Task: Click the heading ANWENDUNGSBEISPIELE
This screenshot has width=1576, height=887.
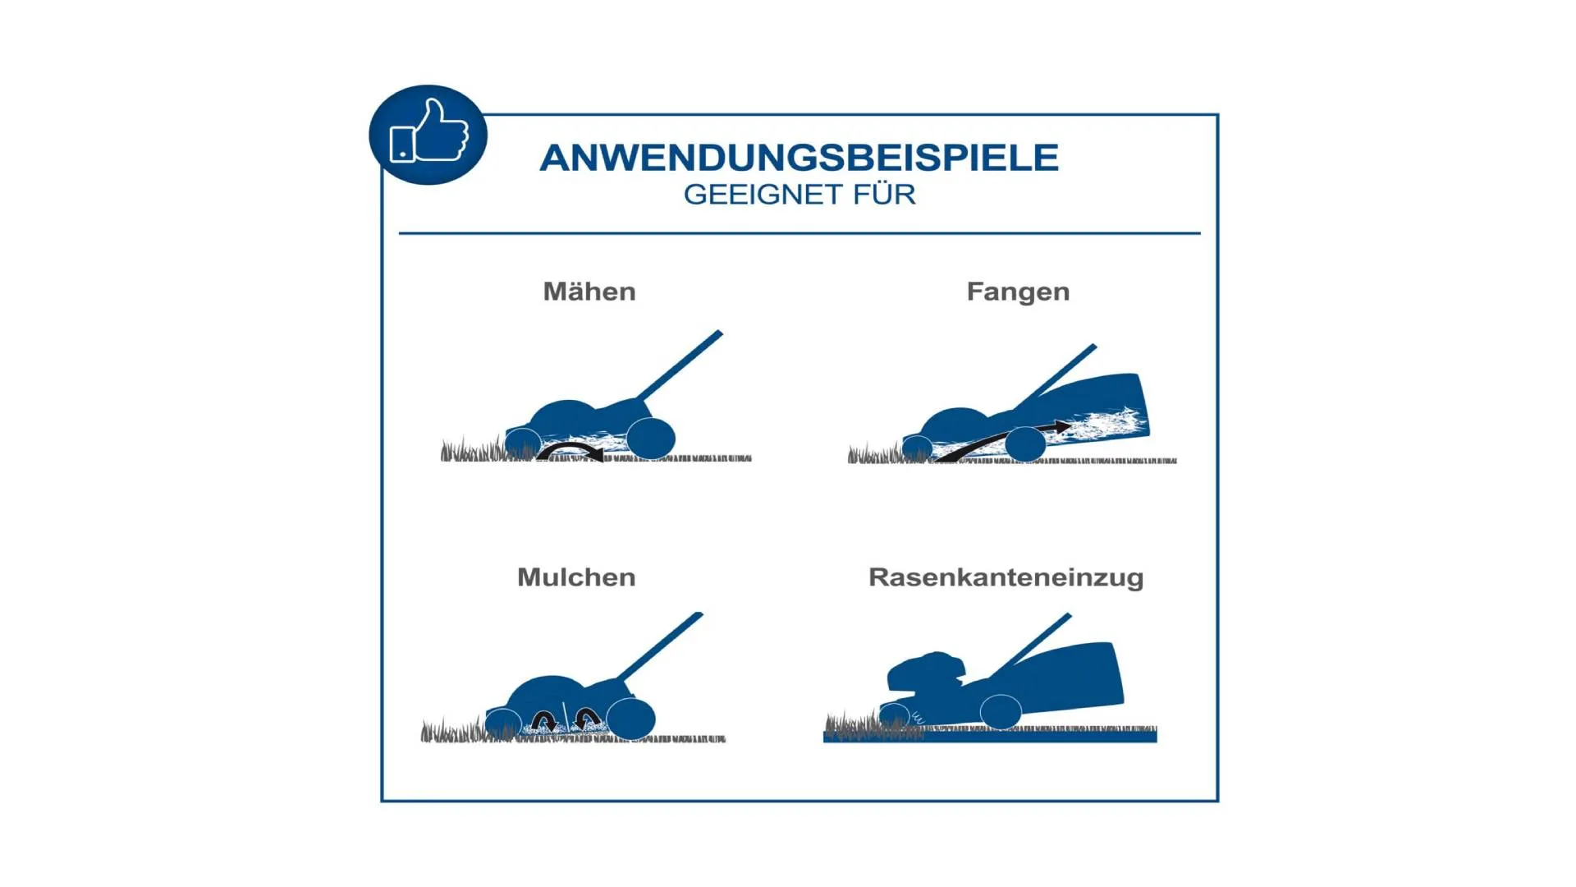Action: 799,158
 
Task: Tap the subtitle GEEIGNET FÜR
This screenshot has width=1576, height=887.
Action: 799,195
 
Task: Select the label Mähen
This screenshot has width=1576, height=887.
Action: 589,292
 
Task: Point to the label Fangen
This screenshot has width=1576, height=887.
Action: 1018,292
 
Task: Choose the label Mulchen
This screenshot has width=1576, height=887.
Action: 576,577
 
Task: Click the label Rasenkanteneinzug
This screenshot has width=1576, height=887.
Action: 1006,578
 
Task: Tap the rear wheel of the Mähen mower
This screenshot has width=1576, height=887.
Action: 651,438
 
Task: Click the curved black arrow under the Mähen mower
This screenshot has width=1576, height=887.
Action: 570,448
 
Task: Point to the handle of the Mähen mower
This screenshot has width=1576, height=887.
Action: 680,365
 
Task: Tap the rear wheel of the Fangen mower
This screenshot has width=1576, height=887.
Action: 1025,444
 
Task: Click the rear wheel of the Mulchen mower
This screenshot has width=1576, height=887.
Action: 630,718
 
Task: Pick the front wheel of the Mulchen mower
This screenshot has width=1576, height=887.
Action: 503,724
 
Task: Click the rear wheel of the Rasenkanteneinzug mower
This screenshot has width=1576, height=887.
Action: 1001,711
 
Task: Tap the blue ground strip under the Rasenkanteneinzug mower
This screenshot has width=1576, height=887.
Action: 990,738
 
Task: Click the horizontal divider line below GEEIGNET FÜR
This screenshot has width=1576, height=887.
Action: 799,233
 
